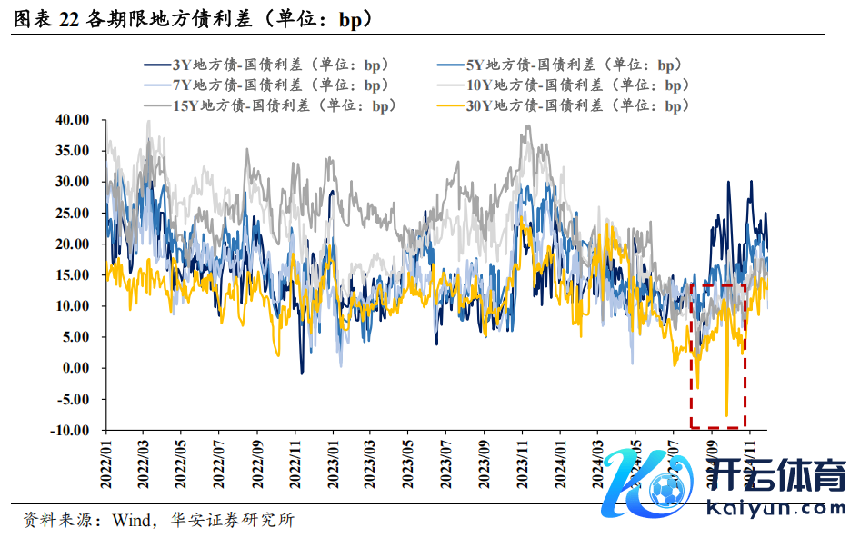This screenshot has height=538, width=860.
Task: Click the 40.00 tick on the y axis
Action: (73, 119)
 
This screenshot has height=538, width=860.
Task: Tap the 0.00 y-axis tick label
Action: (76, 367)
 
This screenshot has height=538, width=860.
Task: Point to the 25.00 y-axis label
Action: (73, 213)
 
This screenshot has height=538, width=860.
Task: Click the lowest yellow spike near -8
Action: (726, 414)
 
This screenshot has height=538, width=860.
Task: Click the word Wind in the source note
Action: (129, 521)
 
